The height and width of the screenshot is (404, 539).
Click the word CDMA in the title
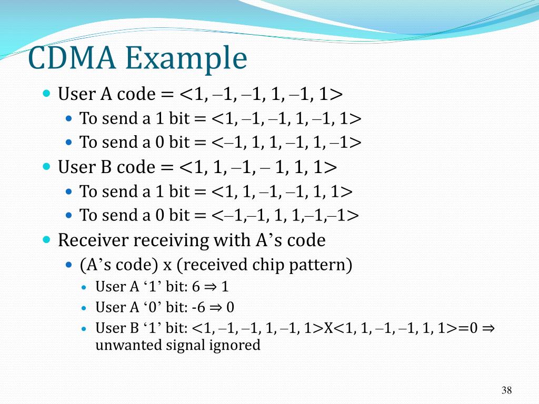(x=71, y=58)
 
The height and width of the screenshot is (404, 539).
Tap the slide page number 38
(x=506, y=390)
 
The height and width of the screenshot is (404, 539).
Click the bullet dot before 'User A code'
(x=47, y=94)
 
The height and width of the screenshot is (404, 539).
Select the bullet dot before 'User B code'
(x=47, y=167)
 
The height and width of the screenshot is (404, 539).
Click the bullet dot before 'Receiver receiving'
(x=47, y=239)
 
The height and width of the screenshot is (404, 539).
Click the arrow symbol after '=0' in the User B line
(x=488, y=329)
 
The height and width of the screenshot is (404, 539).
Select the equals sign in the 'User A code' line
(x=167, y=95)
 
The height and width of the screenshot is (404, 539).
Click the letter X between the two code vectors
(x=328, y=329)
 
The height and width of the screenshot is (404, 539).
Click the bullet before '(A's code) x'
(x=69, y=265)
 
